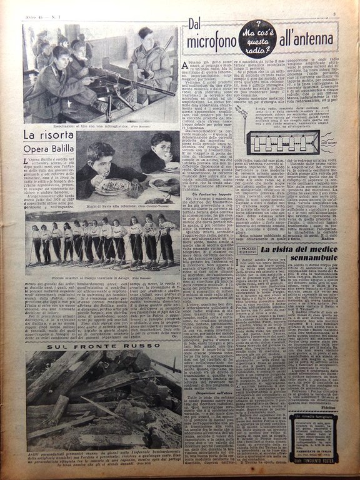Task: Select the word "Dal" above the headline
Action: [x=199, y=25]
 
